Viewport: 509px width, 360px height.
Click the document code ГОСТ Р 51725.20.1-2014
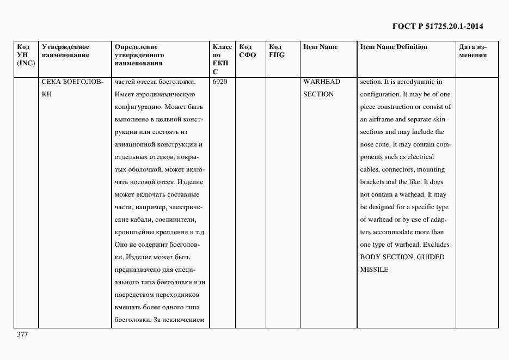tap(438, 26)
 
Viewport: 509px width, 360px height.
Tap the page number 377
tap(22, 334)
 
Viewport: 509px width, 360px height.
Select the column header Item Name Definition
tap(394, 47)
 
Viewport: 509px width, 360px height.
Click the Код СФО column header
tap(247, 51)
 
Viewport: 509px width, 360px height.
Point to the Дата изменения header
tap(473, 51)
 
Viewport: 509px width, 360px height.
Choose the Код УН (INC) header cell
tap(26, 55)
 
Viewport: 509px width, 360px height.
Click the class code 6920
tap(220, 82)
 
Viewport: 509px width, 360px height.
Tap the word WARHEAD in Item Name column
tap(322, 82)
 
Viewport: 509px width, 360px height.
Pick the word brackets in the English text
tap(373, 182)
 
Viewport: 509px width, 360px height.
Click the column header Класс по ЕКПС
tap(222, 59)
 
